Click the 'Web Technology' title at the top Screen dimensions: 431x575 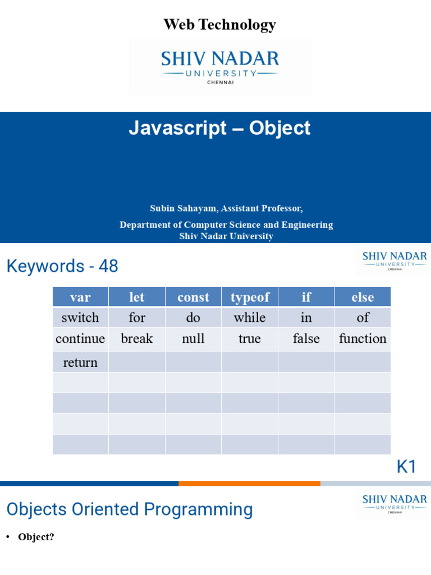[219, 25]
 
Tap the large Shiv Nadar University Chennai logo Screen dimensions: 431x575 [220, 67]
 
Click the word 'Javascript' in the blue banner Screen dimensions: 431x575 [178, 129]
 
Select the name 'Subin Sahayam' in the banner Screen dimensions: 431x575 [183, 208]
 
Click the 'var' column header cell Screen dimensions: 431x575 [80, 296]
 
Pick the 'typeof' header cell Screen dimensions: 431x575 [250, 296]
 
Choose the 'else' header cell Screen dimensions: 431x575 [363, 296]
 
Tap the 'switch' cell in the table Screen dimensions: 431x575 [80, 317]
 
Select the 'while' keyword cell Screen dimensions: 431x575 [250, 317]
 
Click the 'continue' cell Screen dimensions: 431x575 [80, 339]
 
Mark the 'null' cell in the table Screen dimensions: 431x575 [193, 339]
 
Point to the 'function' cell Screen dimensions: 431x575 [363, 339]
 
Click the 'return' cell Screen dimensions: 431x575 [80, 362]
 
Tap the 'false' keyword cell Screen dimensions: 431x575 [306, 339]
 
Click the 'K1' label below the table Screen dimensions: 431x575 [406, 467]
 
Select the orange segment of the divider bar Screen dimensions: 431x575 [249, 483]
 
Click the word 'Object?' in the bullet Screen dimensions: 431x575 [36, 537]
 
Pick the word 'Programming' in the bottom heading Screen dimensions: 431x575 [198, 510]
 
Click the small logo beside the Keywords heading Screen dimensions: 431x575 [395, 261]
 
